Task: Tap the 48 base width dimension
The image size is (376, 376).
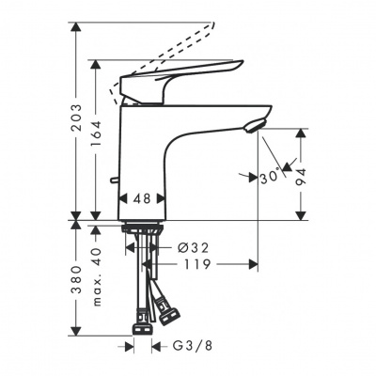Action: tap(142, 199)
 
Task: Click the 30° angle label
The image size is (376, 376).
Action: tap(273, 175)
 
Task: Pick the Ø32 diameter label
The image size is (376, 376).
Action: tap(193, 247)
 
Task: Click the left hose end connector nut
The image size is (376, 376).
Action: tap(141, 329)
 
